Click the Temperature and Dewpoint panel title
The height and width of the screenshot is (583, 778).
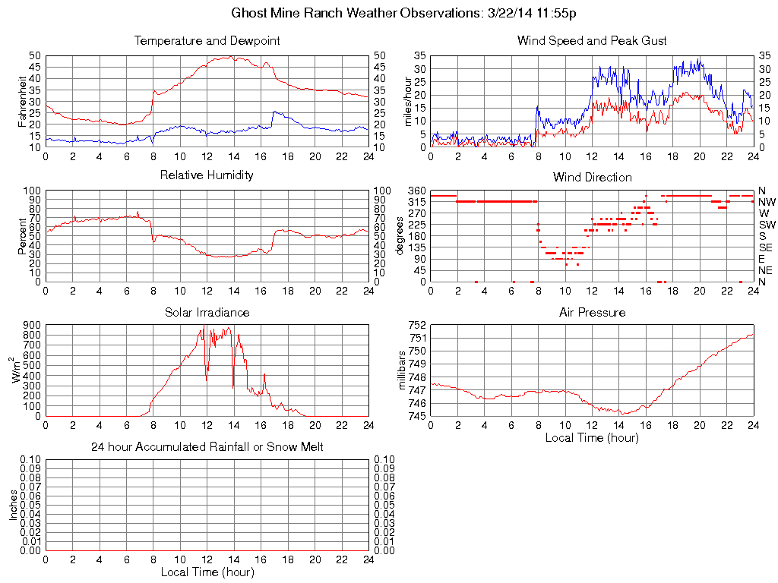(207, 40)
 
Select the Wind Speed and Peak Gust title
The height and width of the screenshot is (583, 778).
(592, 40)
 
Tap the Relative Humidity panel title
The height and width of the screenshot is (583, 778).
(207, 175)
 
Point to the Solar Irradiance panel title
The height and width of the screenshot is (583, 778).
(207, 312)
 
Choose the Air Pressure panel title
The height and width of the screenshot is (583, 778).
(592, 312)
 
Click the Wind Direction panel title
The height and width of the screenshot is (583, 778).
(592, 177)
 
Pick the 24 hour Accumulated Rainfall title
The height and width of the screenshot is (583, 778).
(207, 447)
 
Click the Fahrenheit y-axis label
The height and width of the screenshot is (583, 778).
(22, 101)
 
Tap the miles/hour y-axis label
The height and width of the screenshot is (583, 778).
(407, 101)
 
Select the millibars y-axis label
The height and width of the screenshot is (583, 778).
(403, 370)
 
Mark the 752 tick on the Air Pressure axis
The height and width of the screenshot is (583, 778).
(417, 325)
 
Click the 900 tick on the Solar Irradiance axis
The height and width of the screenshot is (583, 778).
(32, 325)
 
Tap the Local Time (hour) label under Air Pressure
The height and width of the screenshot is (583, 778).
(592, 437)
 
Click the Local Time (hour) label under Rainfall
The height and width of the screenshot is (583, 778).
(207, 572)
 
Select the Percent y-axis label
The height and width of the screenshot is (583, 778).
(22, 236)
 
